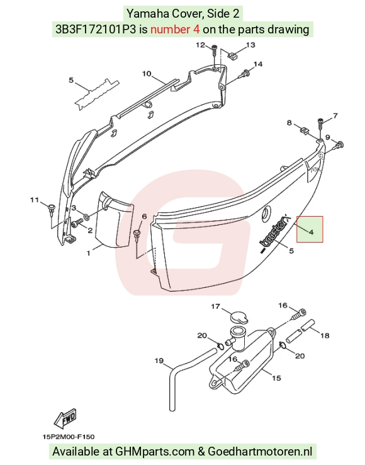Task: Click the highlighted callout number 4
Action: pos(311,233)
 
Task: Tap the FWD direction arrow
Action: pos(65,418)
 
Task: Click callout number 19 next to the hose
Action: pos(159,360)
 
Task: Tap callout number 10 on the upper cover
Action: pos(147,74)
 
